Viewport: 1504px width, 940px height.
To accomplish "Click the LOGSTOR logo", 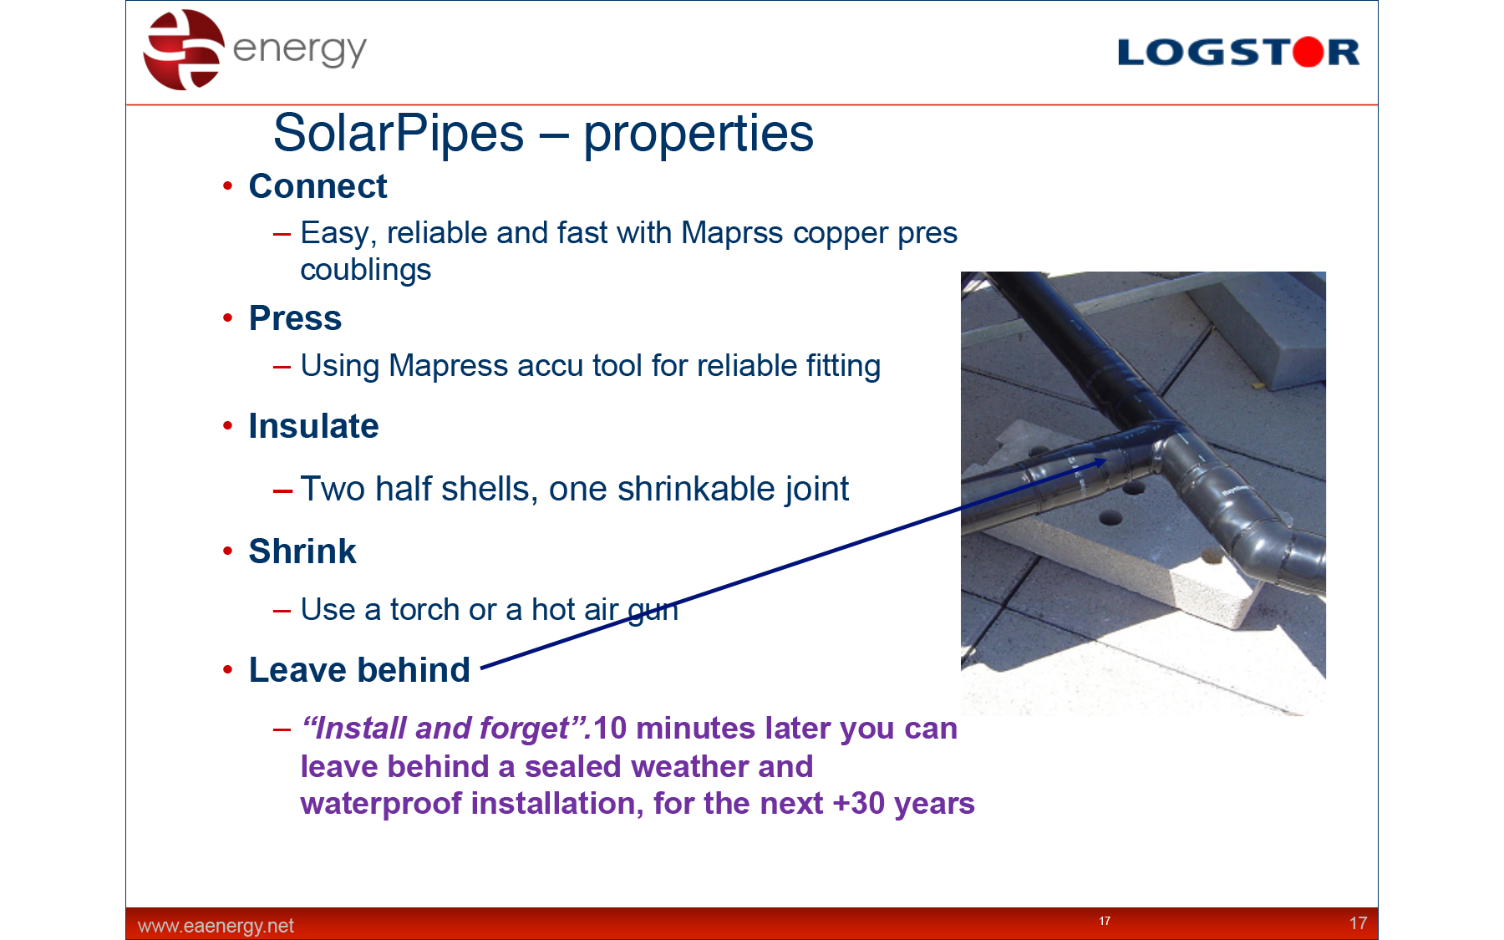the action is (x=1238, y=52).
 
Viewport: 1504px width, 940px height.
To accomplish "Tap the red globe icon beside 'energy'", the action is (x=184, y=49).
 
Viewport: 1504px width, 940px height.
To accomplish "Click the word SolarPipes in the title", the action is (x=399, y=133).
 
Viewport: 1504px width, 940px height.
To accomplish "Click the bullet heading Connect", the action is (x=318, y=186).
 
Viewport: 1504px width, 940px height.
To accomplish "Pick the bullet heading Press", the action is (x=295, y=318).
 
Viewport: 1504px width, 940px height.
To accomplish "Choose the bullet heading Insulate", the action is (x=313, y=426).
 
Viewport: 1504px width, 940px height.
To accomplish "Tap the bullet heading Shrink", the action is (x=302, y=551).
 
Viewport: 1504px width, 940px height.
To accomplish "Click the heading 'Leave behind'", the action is (x=359, y=670).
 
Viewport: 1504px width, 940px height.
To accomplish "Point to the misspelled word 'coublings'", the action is (x=366, y=271).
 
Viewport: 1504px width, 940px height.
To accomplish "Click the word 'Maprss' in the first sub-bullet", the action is (x=733, y=234).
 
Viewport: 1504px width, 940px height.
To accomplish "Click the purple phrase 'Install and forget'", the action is (x=447, y=729).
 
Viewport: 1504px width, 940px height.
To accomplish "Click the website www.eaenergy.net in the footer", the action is (x=216, y=926).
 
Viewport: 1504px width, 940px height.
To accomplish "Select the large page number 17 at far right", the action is (x=1358, y=923).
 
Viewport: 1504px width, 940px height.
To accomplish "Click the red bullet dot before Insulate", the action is (x=227, y=426).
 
